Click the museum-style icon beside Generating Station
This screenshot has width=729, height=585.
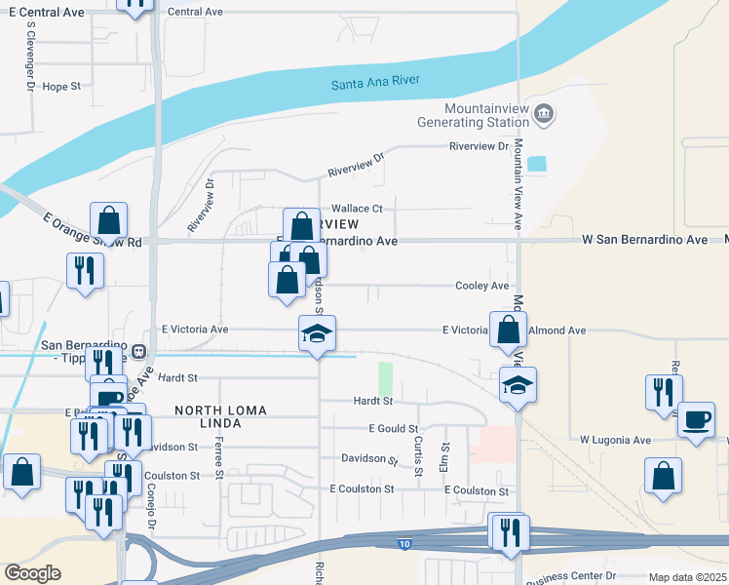tap(544, 114)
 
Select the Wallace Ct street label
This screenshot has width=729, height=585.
tap(358, 208)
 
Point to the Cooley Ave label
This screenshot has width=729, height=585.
tap(482, 286)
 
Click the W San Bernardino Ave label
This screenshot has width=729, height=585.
tap(644, 239)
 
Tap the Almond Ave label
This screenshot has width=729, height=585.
tap(557, 331)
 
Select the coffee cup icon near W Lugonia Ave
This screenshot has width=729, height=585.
tap(695, 420)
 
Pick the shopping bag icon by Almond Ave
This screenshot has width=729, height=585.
tap(509, 330)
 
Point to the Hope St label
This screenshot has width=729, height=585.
tap(61, 86)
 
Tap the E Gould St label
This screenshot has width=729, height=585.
tap(394, 429)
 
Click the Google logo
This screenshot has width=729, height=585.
tap(33, 573)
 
